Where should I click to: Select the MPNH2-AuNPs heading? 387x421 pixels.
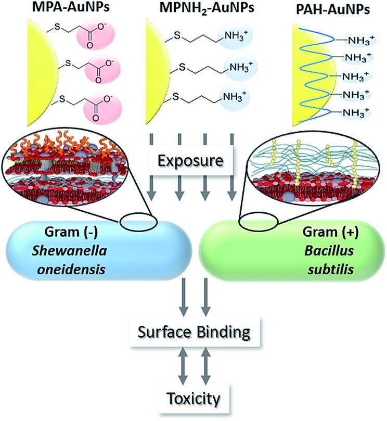click(x=196, y=9)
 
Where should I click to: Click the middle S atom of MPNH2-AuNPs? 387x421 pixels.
click(x=182, y=67)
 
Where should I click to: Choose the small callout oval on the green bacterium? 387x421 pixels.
click(x=257, y=221)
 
